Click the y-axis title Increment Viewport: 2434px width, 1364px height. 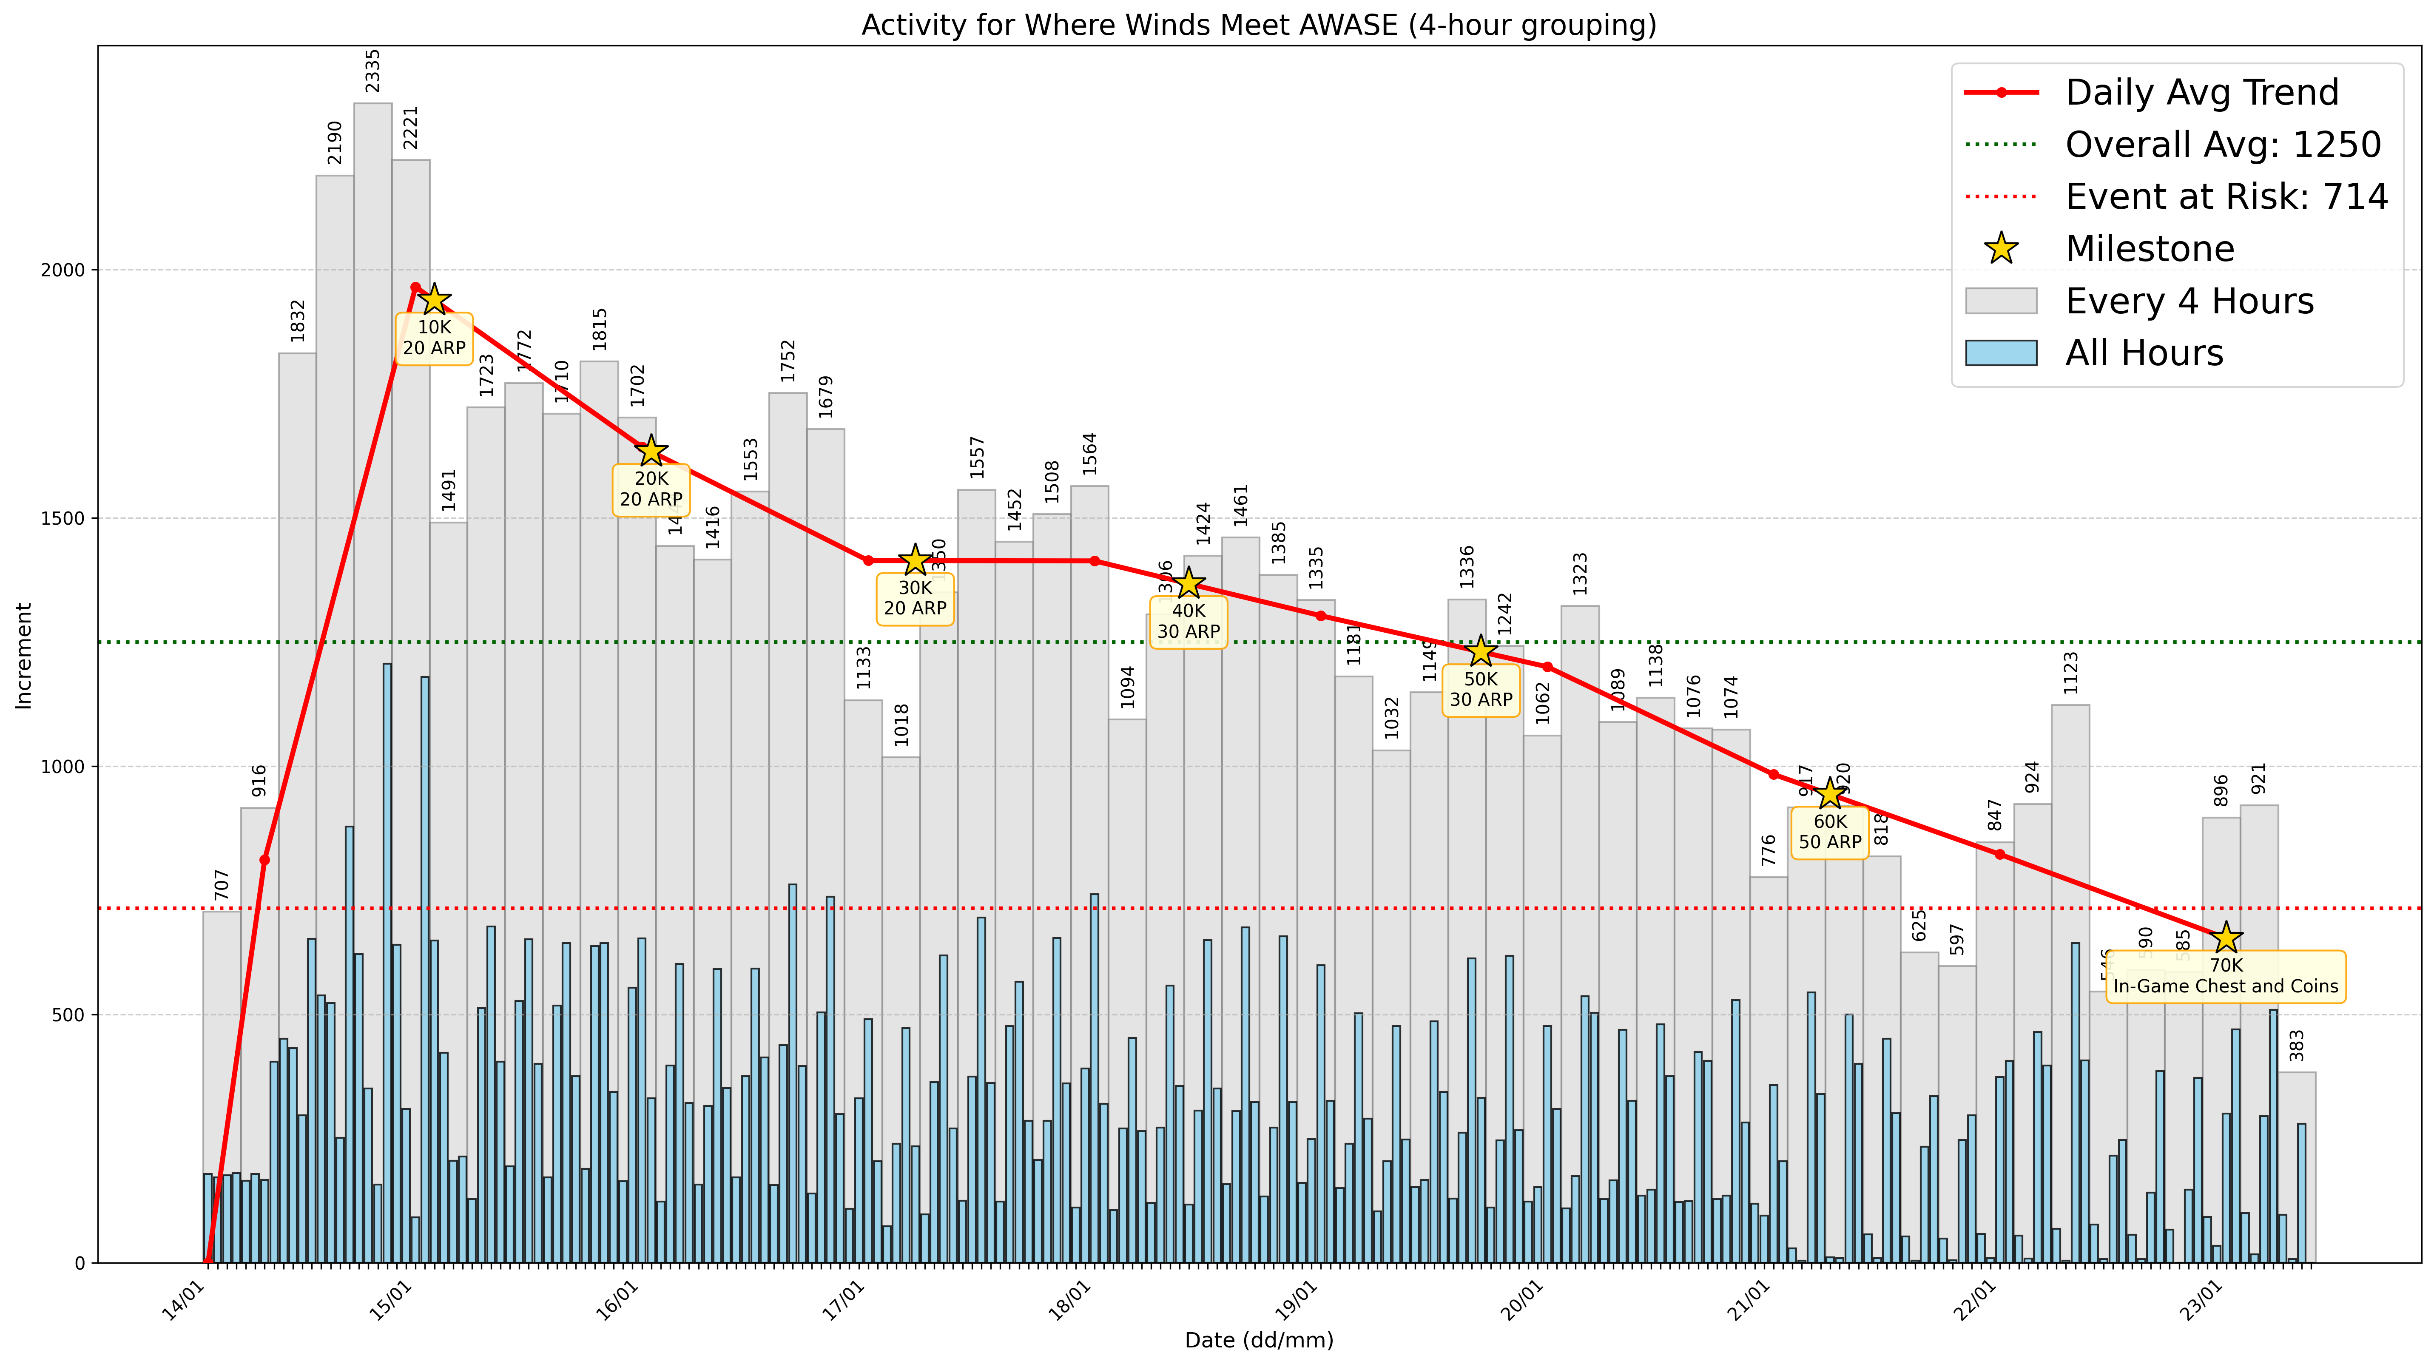coord(24,656)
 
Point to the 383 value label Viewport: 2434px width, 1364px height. coord(2297,1046)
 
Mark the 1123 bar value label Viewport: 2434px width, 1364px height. coord(2071,673)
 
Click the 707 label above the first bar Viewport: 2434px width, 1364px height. coord(221,885)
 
